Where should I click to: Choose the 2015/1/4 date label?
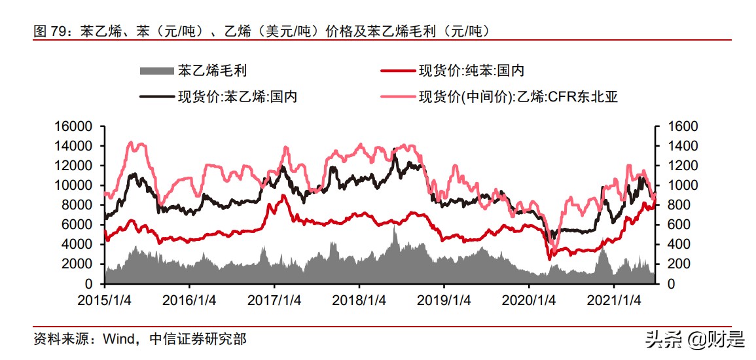tap(105, 300)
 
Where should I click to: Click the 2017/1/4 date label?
tap(274, 300)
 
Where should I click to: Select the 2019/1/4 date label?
tap(444, 300)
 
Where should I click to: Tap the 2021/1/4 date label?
tap(613, 300)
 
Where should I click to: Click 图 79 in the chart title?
tap(50, 31)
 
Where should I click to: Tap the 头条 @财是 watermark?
tap(694, 339)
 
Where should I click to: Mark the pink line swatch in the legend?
tap(397, 97)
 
